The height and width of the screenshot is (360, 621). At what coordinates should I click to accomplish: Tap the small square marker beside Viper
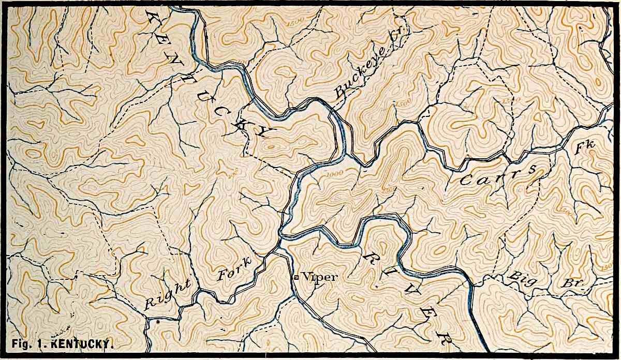click(296, 278)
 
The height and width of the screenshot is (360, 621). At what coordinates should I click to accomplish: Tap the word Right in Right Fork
click(167, 294)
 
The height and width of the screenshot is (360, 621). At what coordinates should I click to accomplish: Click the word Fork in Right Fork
click(234, 267)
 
